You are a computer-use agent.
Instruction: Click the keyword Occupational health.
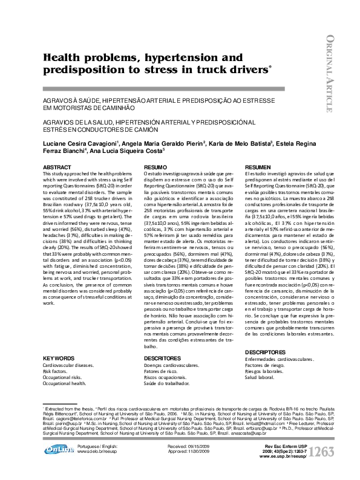point(64,383)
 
